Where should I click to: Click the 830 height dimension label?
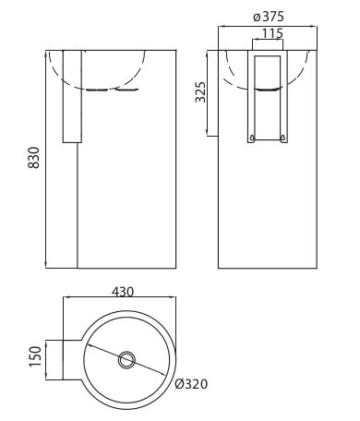coord(34,158)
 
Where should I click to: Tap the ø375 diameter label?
coord(269,17)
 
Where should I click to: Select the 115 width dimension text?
coord(272,33)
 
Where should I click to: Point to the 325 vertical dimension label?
coord(200,92)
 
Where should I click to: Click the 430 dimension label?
coord(123,292)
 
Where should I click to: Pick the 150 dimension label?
coord(35,356)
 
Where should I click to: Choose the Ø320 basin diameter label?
coord(191,384)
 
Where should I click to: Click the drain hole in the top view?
coord(126,360)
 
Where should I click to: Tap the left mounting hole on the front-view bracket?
coord(253,138)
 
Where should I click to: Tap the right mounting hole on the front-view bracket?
coord(283,138)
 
